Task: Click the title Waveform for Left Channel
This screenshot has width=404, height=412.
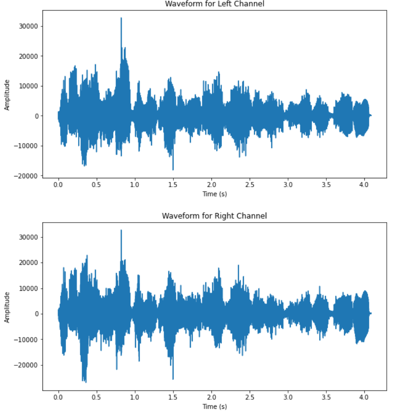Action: point(215,4)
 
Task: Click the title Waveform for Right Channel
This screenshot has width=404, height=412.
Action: point(215,215)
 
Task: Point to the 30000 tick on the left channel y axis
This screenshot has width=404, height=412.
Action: point(29,26)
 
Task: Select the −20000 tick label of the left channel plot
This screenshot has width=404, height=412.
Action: point(27,176)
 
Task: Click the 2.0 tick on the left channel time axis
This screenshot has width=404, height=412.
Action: point(211,185)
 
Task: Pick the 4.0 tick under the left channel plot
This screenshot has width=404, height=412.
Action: point(364,185)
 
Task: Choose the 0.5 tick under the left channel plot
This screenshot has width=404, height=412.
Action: point(96,185)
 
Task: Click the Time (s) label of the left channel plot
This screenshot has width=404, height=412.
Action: point(215,194)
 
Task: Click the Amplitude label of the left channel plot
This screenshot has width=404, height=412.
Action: point(7,95)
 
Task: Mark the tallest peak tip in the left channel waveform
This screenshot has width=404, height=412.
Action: point(121,18)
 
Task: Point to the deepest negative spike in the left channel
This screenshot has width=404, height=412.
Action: point(173,170)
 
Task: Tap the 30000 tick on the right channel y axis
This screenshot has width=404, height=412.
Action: point(29,237)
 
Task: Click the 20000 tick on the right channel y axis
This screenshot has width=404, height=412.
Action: point(29,263)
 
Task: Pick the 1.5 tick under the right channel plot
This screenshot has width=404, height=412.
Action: point(173,397)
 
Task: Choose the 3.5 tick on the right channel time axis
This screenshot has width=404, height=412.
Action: point(326,397)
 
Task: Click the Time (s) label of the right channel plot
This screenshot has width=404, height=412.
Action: point(215,407)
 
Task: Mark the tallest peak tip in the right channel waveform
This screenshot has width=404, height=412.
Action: point(121,230)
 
